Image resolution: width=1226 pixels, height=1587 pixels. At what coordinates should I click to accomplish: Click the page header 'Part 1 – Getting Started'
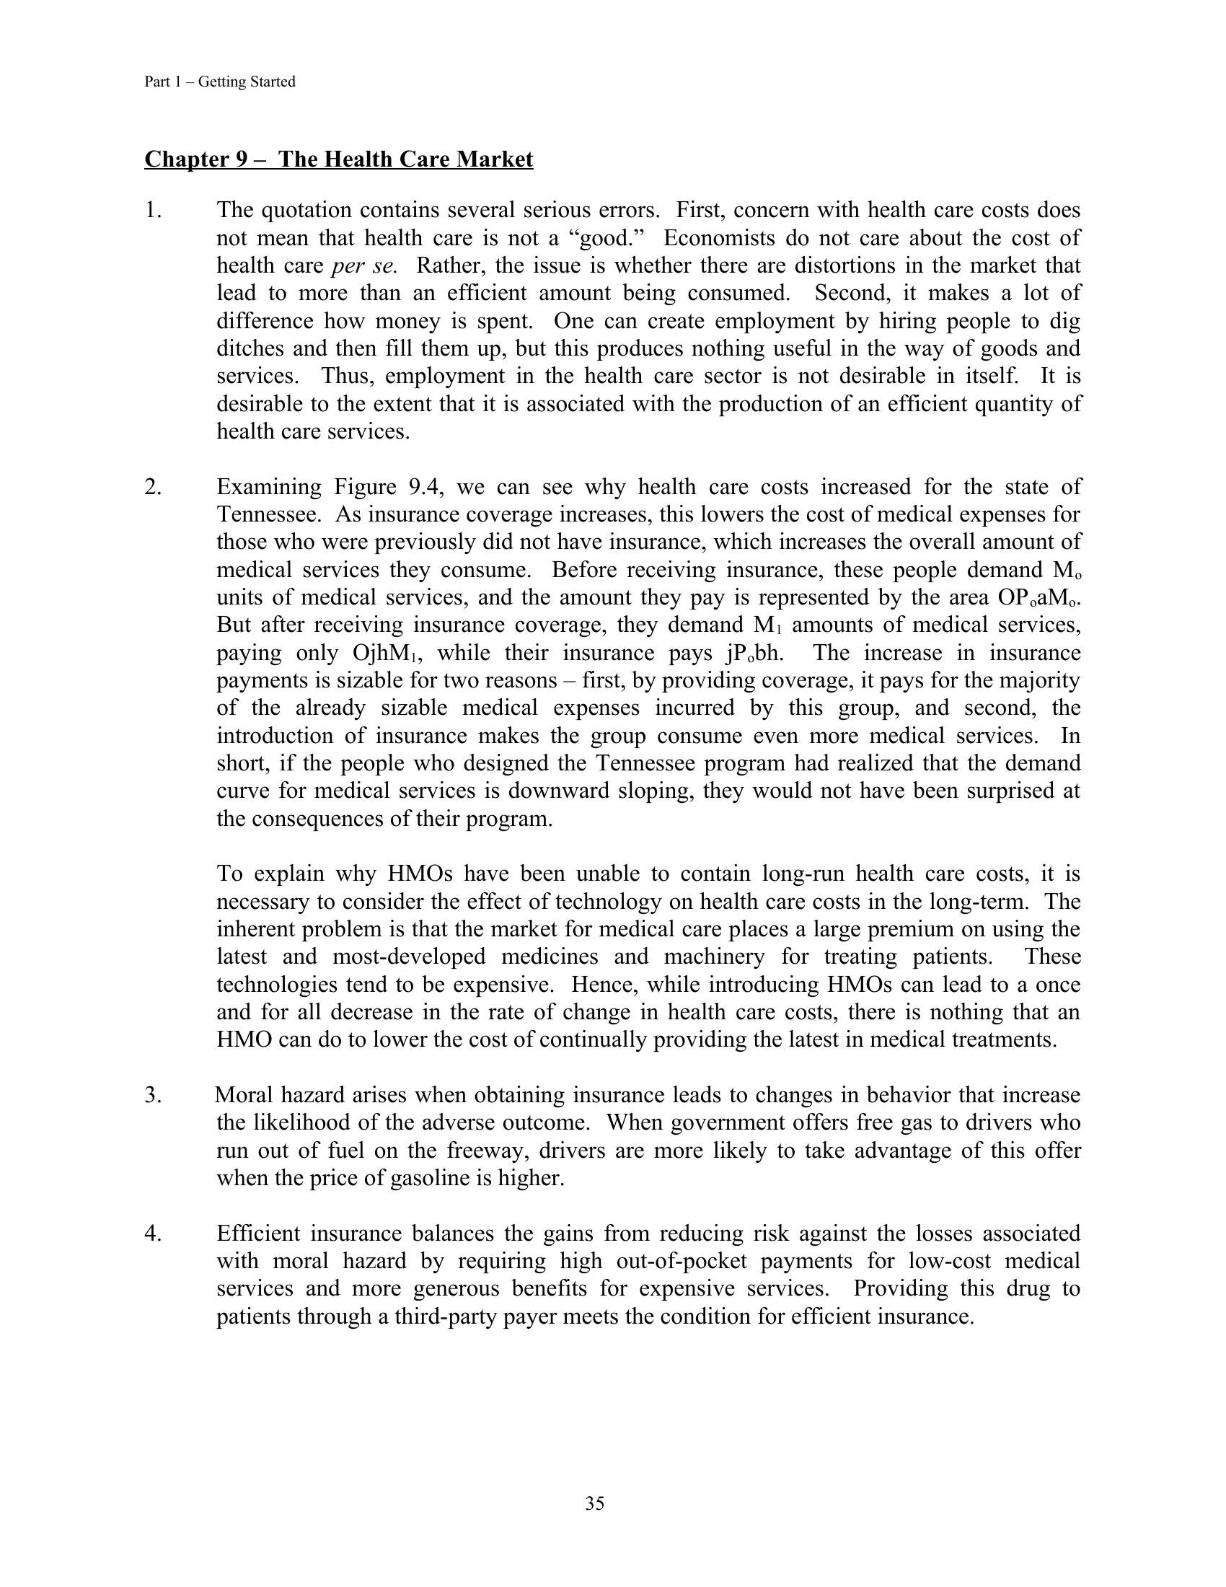click(x=219, y=82)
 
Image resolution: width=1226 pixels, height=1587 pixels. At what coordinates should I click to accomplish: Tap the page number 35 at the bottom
click(x=595, y=1503)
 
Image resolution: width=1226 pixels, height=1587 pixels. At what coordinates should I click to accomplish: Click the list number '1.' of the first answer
click(x=153, y=211)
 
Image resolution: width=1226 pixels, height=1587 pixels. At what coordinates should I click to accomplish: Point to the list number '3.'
click(x=153, y=1095)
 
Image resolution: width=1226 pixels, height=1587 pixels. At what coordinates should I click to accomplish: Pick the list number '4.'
click(x=153, y=1233)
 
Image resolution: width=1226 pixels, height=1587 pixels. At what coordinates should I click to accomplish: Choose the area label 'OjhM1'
click(x=384, y=654)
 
